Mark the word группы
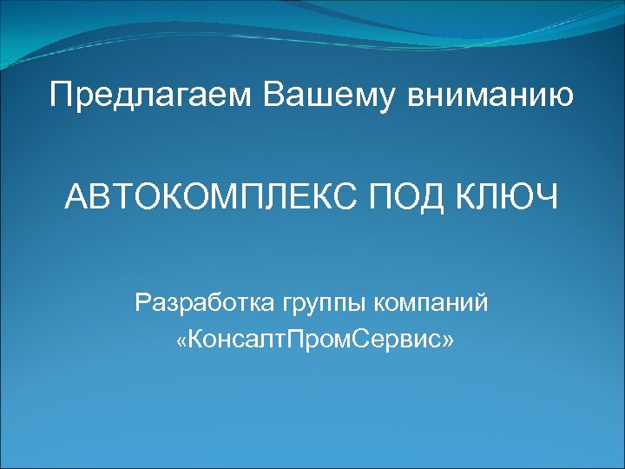pyautogui.click(x=322, y=306)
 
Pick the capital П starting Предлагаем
pyautogui.click(x=60, y=95)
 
